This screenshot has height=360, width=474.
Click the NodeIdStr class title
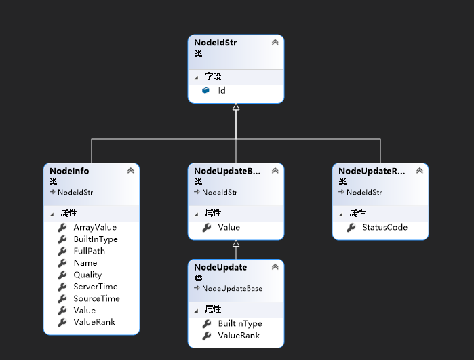(x=216, y=43)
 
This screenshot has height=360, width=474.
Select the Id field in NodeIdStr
(x=222, y=90)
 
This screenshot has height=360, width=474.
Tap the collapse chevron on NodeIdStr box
(x=275, y=43)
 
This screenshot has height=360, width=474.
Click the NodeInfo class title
(x=70, y=171)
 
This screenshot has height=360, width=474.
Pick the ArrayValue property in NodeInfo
(x=95, y=227)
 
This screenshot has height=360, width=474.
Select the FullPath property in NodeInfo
(x=89, y=251)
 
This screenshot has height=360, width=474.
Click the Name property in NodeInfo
(x=85, y=263)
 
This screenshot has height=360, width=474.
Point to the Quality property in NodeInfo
(x=87, y=275)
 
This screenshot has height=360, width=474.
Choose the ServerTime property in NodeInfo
(x=95, y=287)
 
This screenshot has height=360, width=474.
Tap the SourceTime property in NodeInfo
(x=96, y=298)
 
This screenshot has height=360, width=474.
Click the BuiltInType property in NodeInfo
(x=96, y=239)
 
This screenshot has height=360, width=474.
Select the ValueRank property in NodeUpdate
(x=239, y=336)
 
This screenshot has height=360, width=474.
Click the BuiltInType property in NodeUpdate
(x=240, y=324)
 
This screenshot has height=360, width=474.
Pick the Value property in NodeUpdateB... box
(x=229, y=227)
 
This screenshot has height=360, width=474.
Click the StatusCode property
(x=384, y=227)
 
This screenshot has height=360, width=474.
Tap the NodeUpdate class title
(x=220, y=267)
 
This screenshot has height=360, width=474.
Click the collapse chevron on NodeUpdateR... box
(x=419, y=171)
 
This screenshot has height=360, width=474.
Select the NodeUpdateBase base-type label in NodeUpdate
(x=232, y=288)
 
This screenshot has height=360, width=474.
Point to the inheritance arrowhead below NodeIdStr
(x=236, y=107)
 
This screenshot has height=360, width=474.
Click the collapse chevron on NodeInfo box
(x=130, y=171)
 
